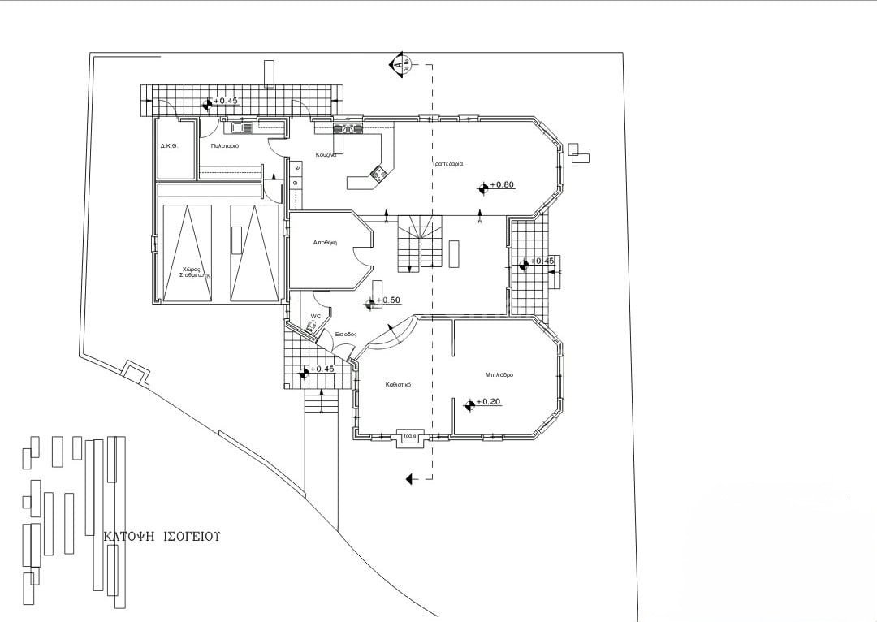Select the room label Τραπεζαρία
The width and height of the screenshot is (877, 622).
(447, 164)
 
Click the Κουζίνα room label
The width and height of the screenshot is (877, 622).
(326, 155)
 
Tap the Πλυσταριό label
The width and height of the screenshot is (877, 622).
(224, 146)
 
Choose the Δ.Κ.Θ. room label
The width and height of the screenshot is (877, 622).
(169, 146)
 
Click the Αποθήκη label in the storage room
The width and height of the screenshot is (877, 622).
(325, 243)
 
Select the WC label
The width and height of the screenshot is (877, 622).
(316, 317)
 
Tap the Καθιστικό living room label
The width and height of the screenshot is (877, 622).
(397, 386)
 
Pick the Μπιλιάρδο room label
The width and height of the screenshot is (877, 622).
(499, 375)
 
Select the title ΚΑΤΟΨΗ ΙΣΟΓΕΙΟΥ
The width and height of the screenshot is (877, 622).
(162, 537)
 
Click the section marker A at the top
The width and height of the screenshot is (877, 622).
(398, 63)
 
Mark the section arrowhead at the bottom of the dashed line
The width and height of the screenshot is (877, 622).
(412, 478)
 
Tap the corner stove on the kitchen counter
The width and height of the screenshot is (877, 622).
(378, 172)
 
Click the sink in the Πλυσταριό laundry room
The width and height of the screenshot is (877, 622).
(241, 127)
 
